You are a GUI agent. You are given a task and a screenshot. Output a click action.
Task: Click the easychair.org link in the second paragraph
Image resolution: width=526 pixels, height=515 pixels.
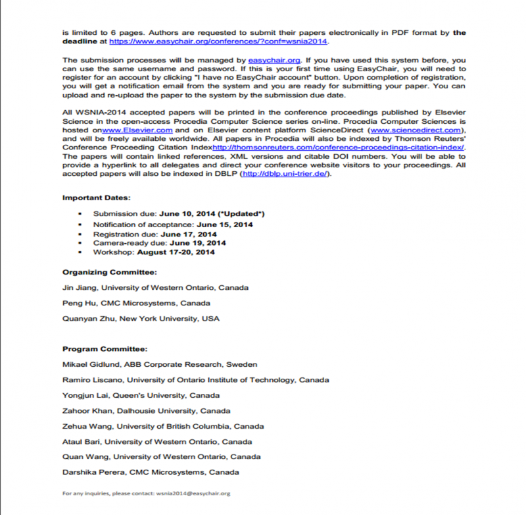click(x=269, y=60)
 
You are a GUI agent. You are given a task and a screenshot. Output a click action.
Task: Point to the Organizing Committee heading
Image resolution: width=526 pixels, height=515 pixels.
click(x=109, y=272)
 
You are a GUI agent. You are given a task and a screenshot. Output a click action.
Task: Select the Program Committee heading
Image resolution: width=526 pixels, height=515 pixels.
click(x=105, y=348)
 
